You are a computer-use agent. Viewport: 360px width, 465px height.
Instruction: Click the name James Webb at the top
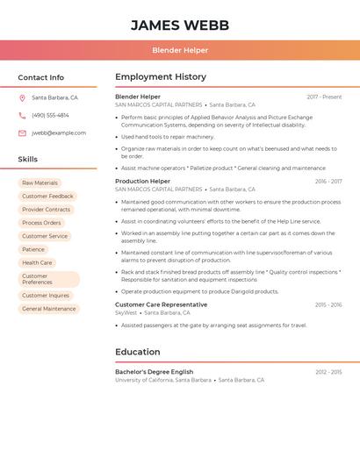click(x=180, y=25)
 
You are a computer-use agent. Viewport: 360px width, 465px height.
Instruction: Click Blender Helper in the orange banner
click(x=180, y=50)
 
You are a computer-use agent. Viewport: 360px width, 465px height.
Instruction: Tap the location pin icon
click(x=22, y=98)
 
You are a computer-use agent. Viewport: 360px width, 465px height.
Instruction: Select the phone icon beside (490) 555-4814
click(x=22, y=116)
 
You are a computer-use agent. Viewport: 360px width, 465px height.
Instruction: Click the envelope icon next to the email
click(x=22, y=133)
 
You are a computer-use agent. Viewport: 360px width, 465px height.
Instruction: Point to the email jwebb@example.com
click(x=59, y=133)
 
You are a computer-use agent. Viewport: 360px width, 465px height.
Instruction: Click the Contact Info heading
click(x=41, y=78)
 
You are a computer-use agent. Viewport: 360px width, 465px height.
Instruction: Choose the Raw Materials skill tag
click(x=40, y=183)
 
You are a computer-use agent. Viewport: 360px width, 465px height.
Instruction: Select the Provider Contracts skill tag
click(x=47, y=210)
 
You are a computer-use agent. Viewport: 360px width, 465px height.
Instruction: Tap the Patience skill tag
click(x=33, y=249)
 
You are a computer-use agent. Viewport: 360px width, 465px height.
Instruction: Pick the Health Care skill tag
click(x=37, y=262)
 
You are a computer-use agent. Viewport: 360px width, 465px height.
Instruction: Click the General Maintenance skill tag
click(x=49, y=309)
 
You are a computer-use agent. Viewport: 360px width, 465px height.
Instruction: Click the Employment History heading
click(x=161, y=77)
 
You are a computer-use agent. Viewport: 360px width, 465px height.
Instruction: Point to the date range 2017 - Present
click(x=324, y=97)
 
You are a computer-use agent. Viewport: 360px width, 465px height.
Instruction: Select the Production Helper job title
click(x=143, y=182)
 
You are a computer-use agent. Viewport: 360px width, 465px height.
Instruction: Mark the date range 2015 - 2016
click(x=328, y=305)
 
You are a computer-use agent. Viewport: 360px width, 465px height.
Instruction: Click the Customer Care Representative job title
click(x=162, y=305)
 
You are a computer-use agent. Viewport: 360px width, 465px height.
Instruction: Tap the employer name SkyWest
click(x=126, y=313)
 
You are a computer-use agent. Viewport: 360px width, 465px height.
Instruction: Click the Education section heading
click(x=137, y=352)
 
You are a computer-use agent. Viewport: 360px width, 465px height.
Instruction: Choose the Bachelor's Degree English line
click(x=155, y=372)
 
